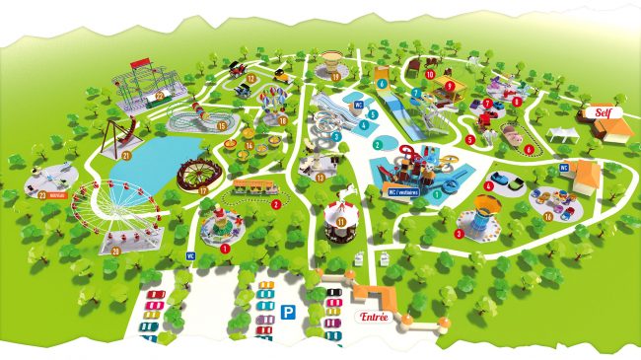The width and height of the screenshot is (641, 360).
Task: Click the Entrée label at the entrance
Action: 373,317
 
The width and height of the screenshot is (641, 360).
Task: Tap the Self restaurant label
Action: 602,113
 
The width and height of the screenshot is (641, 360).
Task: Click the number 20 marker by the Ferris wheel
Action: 115,251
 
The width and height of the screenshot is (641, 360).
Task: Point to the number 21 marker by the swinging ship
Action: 127,157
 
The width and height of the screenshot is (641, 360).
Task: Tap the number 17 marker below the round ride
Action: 203,189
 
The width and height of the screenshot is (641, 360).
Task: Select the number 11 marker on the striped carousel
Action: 340,223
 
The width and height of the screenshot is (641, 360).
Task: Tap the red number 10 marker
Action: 430,73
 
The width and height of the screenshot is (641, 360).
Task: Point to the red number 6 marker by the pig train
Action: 529,150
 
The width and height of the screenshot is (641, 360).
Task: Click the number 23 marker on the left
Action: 41,194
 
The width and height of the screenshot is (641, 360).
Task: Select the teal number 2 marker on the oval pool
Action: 377,144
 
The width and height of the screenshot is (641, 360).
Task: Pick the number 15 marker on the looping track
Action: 222,126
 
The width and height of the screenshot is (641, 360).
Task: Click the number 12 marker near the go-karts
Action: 251,77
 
